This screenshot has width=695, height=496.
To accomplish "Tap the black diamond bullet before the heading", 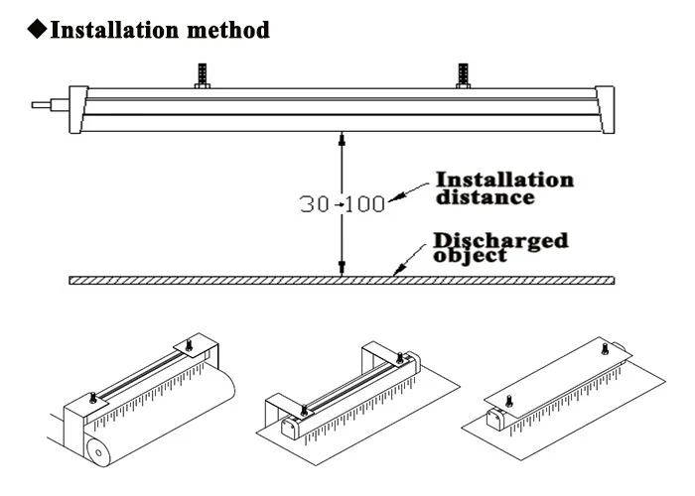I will [36, 30].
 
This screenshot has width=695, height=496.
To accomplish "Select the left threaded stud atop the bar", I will [203, 75].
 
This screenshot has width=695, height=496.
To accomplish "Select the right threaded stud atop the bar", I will [462, 75].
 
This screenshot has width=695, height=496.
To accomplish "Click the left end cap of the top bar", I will [75, 109].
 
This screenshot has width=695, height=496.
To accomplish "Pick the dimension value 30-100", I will [342, 203].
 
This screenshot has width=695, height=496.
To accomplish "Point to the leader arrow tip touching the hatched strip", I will [396, 275].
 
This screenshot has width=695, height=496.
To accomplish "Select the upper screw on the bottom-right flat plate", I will [608, 348].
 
